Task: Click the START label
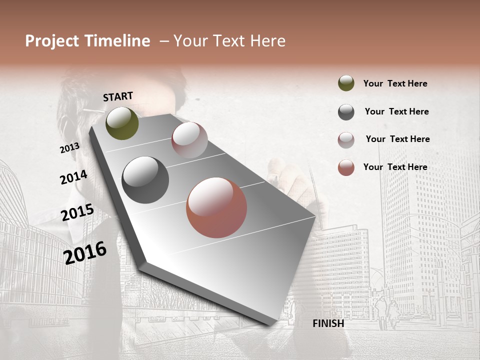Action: (x=118, y=96)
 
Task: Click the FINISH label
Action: (x=328, y=323)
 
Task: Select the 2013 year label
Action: (x=69, y=148)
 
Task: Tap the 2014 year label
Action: (x=73, y=177)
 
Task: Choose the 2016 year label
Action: (x=85, y=252)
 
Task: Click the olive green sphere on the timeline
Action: (x=122, y=123)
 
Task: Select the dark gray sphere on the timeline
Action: (x=145, y=180)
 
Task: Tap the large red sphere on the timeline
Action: (x=216, y=207)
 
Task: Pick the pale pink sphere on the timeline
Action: (x=189, y=140)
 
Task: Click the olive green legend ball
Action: (x=346, y=83)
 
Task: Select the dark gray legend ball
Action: (x=346, y=112)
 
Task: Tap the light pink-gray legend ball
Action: (x=346, y=140)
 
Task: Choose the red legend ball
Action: (x=346, y=167)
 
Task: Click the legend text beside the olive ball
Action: (x=395, y=83)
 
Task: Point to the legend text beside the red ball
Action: (x=395, y=167)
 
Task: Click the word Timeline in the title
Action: (x=118, y=41)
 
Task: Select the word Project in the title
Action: (x=52, y=41)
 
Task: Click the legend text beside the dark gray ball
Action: (x=396, y=111)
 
